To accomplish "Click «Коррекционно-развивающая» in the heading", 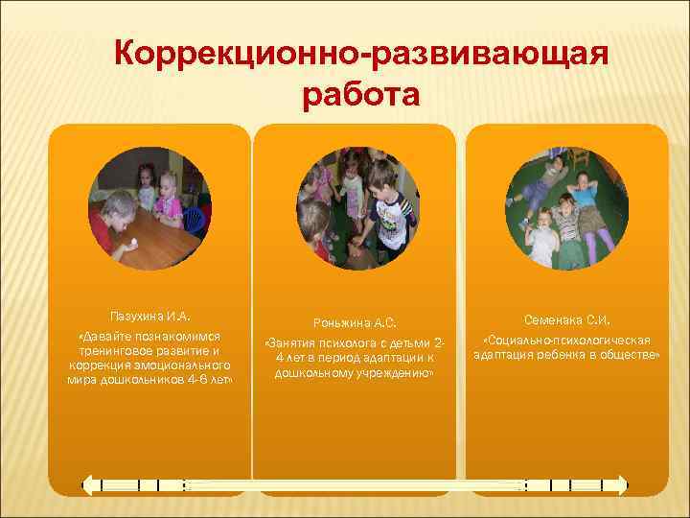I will coord(359,54).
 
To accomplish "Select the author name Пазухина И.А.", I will coord(149,314).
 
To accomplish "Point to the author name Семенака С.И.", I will coord(566,320).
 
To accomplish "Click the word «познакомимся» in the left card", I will coord(180,338).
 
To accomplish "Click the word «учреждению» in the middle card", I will coord(390,372).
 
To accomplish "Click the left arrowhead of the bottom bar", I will coord(86,485).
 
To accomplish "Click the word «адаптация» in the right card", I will coord(504,354).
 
